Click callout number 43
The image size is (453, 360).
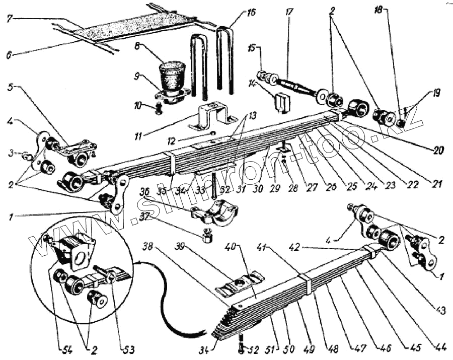[x=441, y=311]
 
